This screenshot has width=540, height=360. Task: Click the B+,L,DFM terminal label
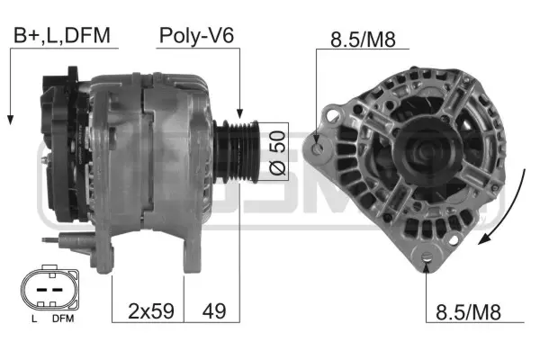(x=60, y=36)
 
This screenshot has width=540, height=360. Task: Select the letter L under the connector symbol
(x=32, y=319)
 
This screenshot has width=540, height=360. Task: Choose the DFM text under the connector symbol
(x=63, y=319)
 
